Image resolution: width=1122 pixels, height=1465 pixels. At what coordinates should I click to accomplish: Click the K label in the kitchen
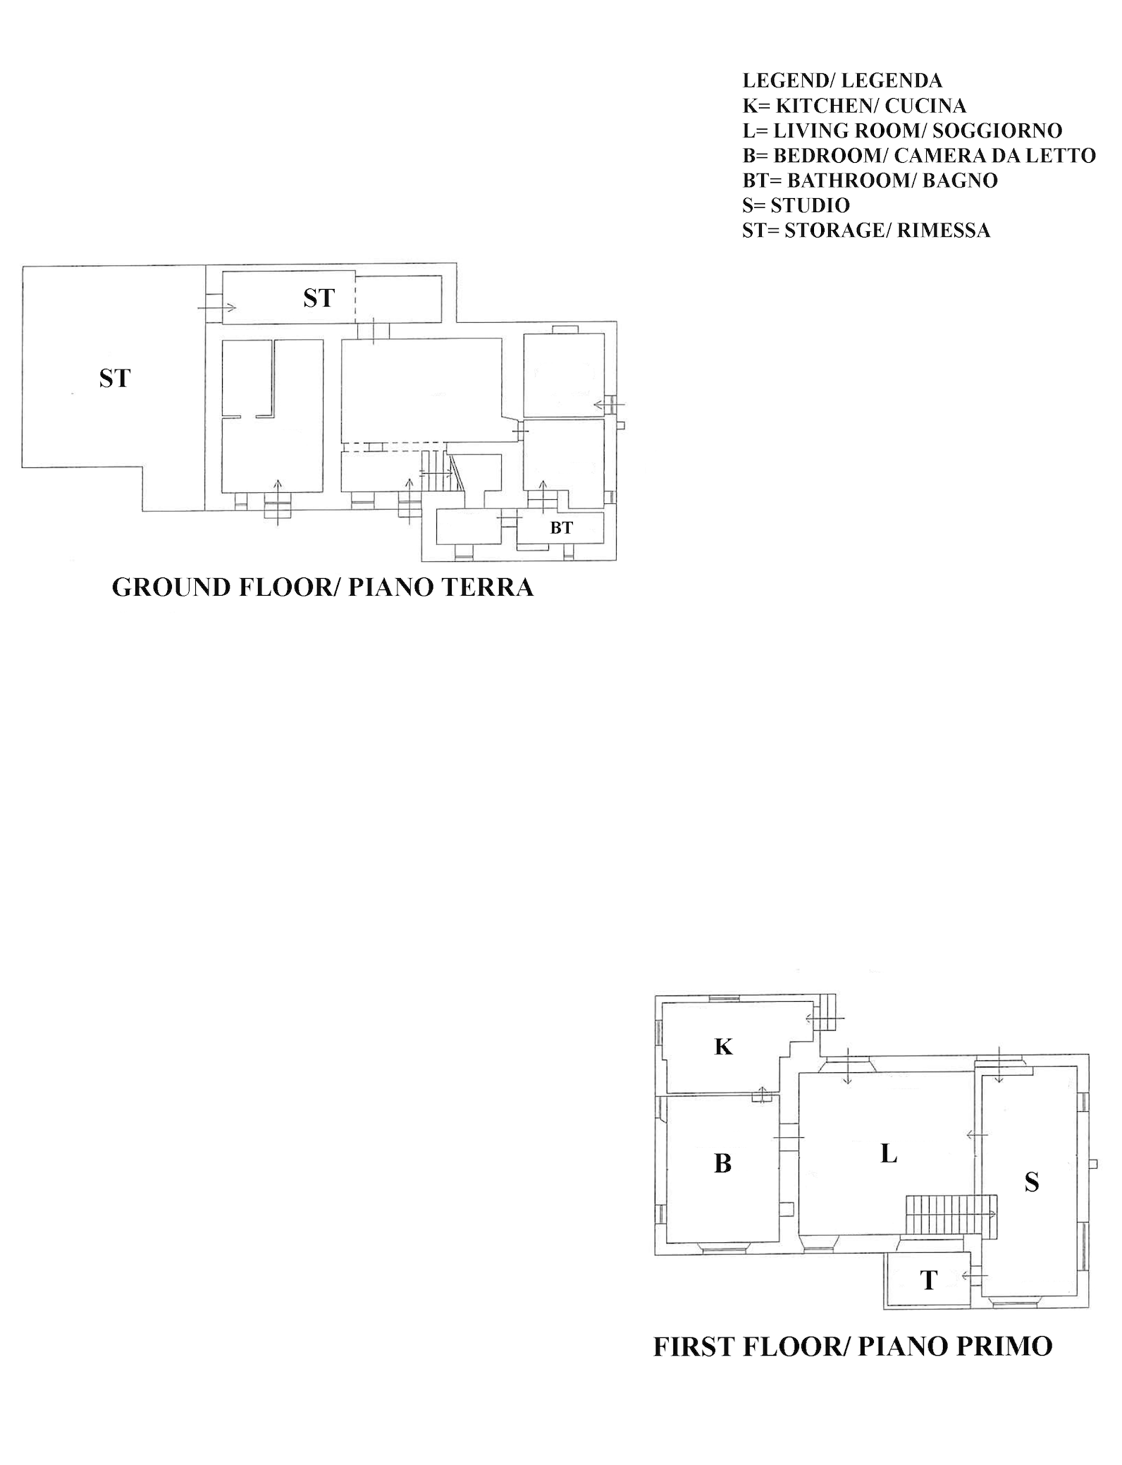tap(723, 1047)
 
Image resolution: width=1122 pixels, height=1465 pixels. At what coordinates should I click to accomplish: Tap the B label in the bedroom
tap(722, 1163)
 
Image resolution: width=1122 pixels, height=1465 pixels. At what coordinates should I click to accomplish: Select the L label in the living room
tap(889, 1154)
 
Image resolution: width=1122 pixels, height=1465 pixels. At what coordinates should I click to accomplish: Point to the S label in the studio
tap(1032, 1182)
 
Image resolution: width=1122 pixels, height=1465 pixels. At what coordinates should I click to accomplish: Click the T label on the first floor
tap(929, 1280)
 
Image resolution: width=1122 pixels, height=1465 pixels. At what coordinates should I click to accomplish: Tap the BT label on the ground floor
tap(562, 527)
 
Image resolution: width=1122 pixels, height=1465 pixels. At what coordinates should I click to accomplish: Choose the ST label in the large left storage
tap(115, 379)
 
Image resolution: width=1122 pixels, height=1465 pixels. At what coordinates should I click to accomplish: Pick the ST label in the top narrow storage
tap(319, 298)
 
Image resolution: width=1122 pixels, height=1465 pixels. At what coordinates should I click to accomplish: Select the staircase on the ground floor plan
tap(437, 472)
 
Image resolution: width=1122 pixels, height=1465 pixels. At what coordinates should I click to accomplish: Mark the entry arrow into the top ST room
tap(216, 307)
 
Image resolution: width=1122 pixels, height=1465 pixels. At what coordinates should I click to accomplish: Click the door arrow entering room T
tap(975, 1275)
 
